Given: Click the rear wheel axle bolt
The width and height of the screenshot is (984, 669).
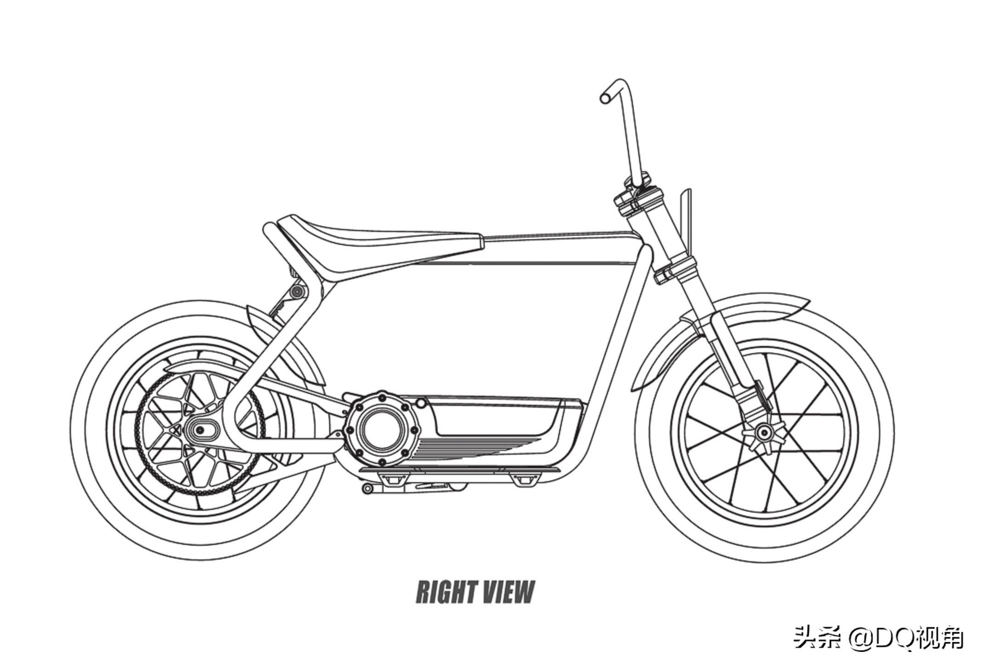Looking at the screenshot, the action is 200,430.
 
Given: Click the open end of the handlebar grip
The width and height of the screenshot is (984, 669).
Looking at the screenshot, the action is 606,98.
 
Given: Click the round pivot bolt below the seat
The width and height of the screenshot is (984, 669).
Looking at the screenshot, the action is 298,291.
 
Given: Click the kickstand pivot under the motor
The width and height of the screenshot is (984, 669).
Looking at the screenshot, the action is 367,488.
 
